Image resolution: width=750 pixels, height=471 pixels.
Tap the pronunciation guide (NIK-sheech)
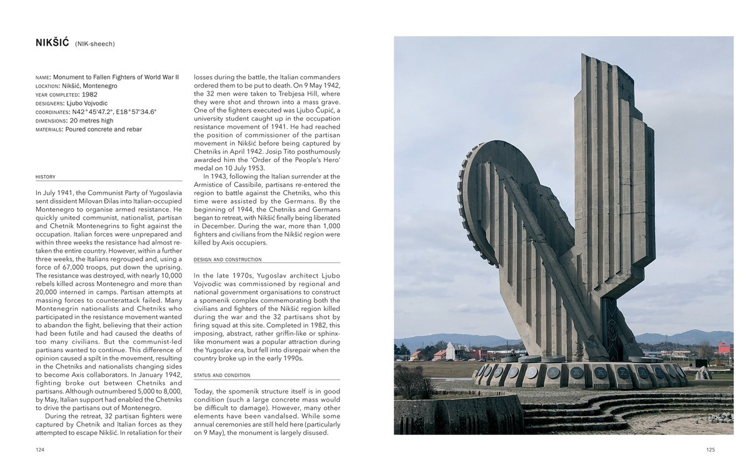pos(95,44)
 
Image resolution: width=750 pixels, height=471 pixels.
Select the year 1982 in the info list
pos(89,94)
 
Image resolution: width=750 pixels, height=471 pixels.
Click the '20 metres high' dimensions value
pos(91,121)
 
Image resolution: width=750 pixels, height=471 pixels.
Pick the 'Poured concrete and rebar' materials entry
pos(103,129)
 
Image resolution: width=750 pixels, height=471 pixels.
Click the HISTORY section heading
pos(46,177)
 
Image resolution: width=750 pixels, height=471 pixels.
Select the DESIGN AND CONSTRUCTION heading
pos(227,260)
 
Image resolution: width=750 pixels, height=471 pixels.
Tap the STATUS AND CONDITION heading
pos(222,375)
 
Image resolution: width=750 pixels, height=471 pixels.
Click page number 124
pos(41,450)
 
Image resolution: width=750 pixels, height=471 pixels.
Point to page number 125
pos(710,450)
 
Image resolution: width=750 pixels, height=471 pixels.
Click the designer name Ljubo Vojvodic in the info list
pos(87,103)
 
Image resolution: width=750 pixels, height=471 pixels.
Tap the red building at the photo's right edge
pos(725,348)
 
